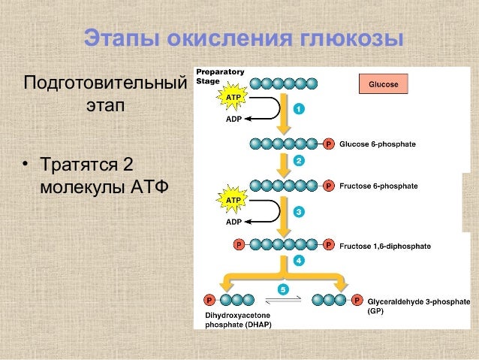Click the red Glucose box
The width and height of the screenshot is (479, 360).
pyautogui.click(x=383, y=85)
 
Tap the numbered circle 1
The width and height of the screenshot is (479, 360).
pyautogui.click(x=299, y=109)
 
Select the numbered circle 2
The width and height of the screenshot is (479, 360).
pyautogui.click(x=299, y=161)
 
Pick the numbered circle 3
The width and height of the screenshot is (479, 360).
pyautogui.click(x=299, y=212)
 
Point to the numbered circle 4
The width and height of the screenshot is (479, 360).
pyautogui.click(x=299, y=261)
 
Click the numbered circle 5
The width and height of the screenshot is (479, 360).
pyautogui.click(x=283, y=289)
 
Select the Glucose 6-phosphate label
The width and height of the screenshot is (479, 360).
pyautogui.click(x=378, y=144)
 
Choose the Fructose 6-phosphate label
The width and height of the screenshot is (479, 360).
pyautogui.click(x=378, y=185)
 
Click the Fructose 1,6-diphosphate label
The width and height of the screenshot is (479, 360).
pyautogui.click(x=385, y=245)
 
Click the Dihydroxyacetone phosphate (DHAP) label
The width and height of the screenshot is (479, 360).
pyautogui.click(x=238, y=319)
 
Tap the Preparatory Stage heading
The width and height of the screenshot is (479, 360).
pyautogui.click(x=219, y=76)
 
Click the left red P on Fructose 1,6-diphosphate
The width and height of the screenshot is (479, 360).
pyautogui.click(x=239, y=244)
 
